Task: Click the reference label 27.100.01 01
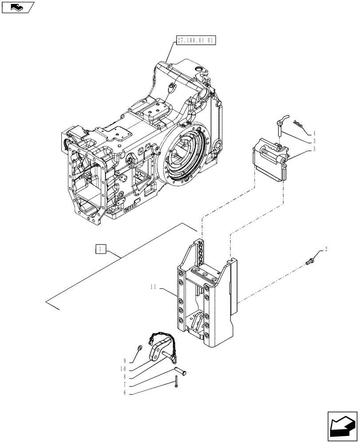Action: [196, 40]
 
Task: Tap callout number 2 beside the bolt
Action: [326, 250]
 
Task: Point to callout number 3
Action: [314, 140]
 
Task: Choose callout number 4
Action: [314, 132]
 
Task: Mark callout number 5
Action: [314, 149]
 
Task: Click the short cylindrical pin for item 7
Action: [180, 369]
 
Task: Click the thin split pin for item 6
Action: [176, 381]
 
